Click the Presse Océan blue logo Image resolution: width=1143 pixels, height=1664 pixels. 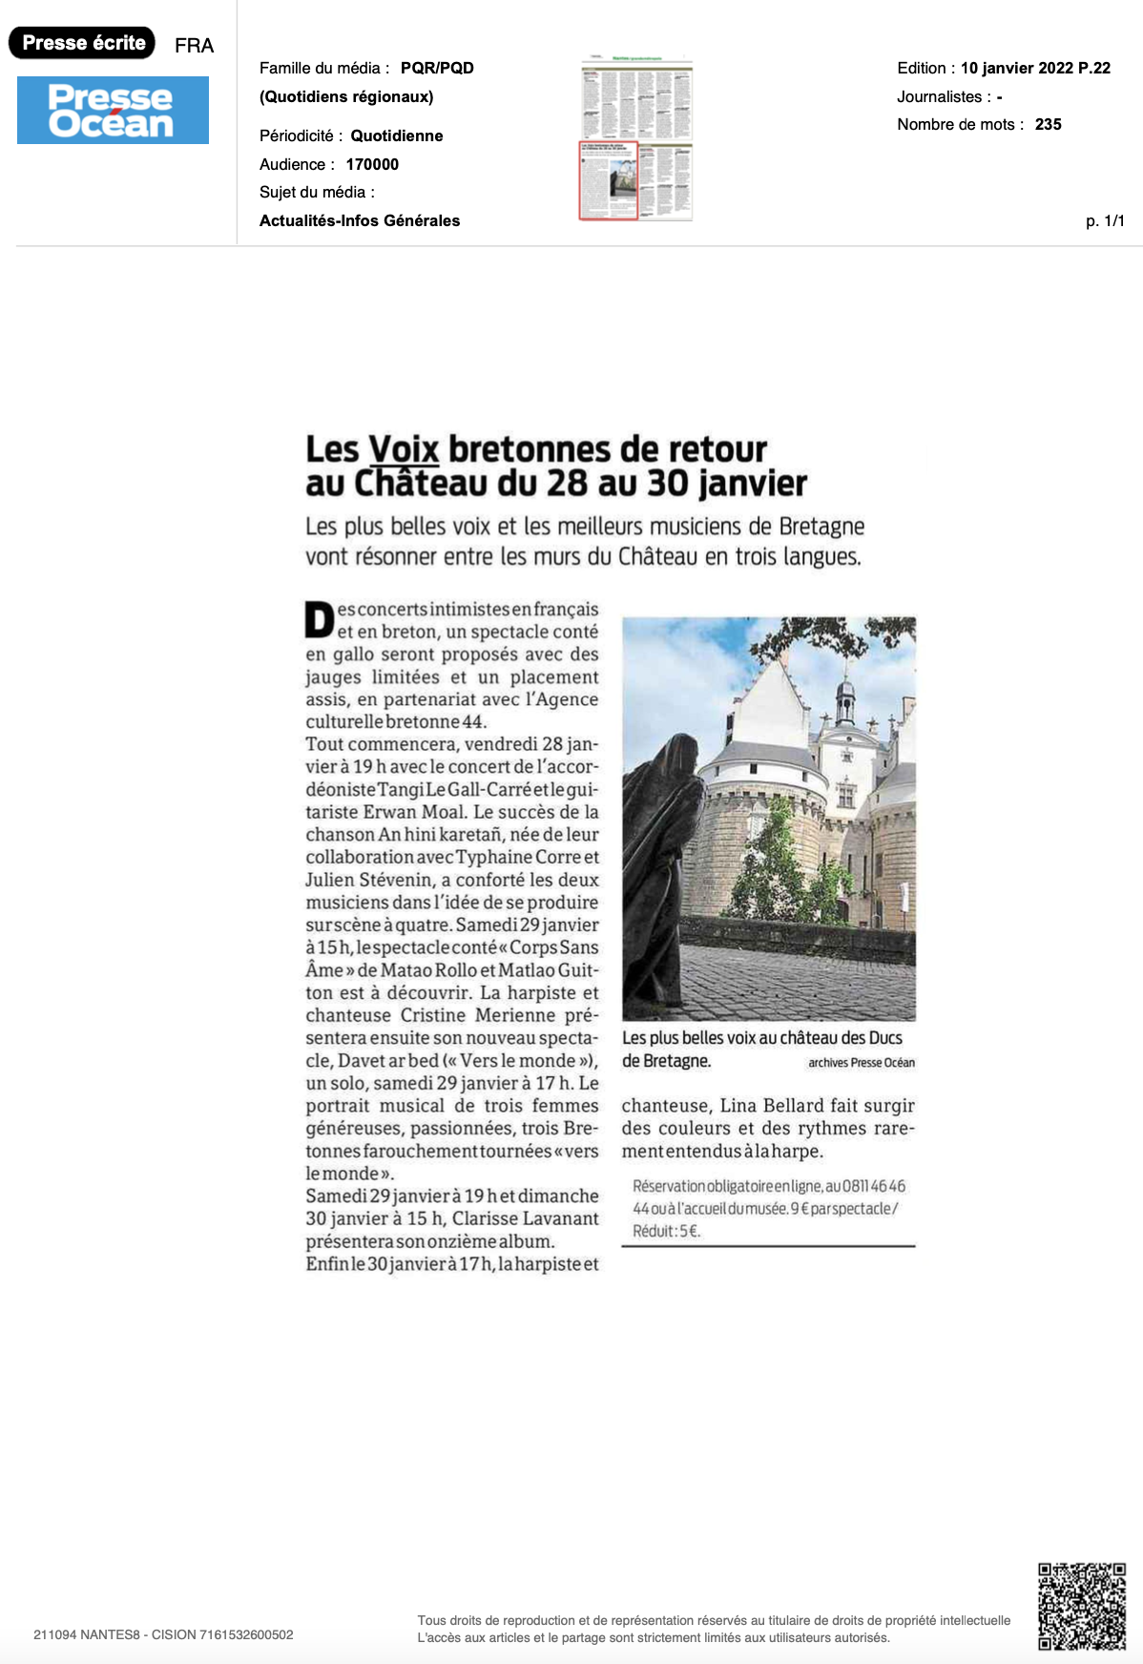(x=113, y=111)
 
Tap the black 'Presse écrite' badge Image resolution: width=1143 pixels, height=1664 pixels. (x=82, y=43)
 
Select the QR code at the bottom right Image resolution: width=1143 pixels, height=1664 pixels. (x=1081, y=1606)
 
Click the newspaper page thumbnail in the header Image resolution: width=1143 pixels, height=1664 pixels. (x=636, y=139)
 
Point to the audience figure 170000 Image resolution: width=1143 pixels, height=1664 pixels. (x=372, y=164)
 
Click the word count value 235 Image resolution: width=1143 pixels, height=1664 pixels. (x=1048, y=124)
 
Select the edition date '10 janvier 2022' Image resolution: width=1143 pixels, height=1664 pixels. (x=1017, y=68)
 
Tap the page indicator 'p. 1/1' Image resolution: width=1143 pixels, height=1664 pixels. (x=1105, y=220)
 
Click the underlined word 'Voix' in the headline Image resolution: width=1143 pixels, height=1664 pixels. (x=404, y=449)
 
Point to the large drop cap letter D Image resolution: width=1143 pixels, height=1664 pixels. (x=319, y=620)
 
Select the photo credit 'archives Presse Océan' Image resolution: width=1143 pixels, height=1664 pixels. (x=861, y=1063)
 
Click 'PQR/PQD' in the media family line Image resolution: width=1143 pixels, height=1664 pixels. (x=437, y=68)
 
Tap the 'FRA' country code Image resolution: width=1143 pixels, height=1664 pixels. (x=194, y=46)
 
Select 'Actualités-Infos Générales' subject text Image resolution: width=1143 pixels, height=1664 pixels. (x=360, y=220)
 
